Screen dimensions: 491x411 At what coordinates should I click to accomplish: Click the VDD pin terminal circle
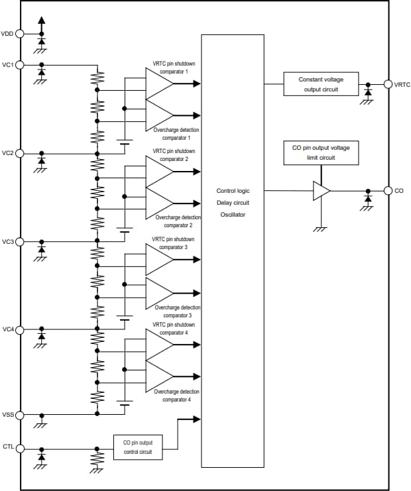point(20,33)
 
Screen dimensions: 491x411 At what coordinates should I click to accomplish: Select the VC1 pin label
point(8,64)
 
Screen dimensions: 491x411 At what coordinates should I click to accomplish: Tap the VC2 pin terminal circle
point(20,153)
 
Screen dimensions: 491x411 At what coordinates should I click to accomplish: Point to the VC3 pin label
point(8,241)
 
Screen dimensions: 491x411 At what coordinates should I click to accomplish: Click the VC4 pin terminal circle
point(20,329)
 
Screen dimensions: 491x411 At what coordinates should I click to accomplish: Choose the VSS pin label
point(8,415)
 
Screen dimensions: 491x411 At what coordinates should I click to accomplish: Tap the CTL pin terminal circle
point(20,449)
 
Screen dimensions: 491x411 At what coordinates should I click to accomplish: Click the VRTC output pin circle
point(388,84)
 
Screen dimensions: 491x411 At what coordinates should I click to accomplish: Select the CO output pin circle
point(388,191)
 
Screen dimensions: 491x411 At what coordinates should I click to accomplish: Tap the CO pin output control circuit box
point(137,447)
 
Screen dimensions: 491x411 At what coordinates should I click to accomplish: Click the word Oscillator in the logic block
point(233,214)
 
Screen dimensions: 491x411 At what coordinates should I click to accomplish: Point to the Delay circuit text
point(233,202)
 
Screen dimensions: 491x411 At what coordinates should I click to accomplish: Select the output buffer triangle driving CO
point(322,191)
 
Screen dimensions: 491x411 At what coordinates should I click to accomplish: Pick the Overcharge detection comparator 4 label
point(176,396)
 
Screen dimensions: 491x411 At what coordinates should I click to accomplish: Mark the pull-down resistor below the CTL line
point(97,458)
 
